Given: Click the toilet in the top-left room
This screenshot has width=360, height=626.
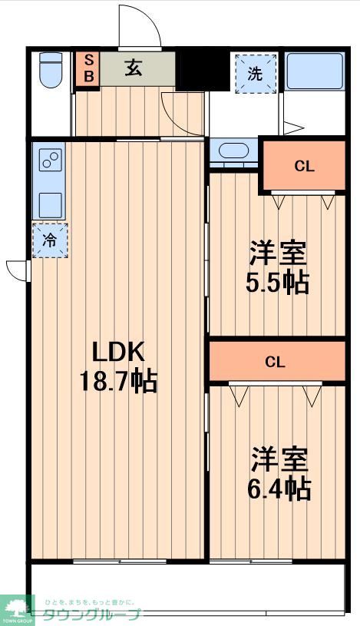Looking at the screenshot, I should (x=51, y=69).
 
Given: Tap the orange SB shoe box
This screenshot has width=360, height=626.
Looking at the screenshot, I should (x=88, y=68).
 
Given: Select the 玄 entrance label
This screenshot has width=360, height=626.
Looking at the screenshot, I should (x=133, y=68).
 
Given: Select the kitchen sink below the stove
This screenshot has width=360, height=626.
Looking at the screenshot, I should (x=50, y=204).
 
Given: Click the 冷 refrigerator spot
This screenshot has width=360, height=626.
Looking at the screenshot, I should (x=50, y=240).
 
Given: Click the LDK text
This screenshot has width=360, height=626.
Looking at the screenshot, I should (x=118, y=353).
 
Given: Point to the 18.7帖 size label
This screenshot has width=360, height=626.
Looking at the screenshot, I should (x=118, y=381).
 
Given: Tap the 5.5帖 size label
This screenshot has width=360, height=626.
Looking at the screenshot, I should (x=277, y=283).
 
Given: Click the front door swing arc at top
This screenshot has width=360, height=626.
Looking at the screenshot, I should (x=140, y=27).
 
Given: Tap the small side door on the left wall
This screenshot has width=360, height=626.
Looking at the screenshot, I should (x=17, y=268).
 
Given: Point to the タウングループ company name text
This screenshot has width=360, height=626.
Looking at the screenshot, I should (x=91, y=614).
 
